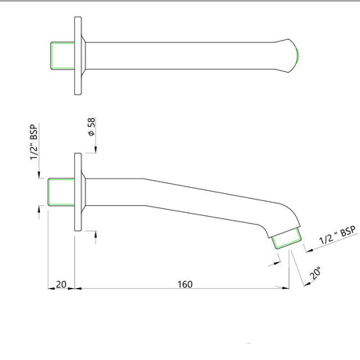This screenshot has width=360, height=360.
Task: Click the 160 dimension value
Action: tap(185, 284)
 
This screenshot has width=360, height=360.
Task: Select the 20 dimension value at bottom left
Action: tap(61, 284)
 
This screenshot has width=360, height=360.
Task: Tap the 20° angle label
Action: tap(315, 273)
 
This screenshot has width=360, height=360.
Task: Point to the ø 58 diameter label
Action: tap(92, 127)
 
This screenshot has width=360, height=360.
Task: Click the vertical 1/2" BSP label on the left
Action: tap(34, 142)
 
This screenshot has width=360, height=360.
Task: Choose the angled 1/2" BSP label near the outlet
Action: tap(337, 235)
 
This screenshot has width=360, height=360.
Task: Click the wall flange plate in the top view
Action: tap(78, 56)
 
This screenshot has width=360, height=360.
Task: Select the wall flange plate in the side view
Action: tap(78, 192)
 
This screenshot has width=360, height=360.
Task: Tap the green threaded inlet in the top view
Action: tap(63, 56)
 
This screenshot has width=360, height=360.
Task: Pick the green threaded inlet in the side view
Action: tap(61, 192)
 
